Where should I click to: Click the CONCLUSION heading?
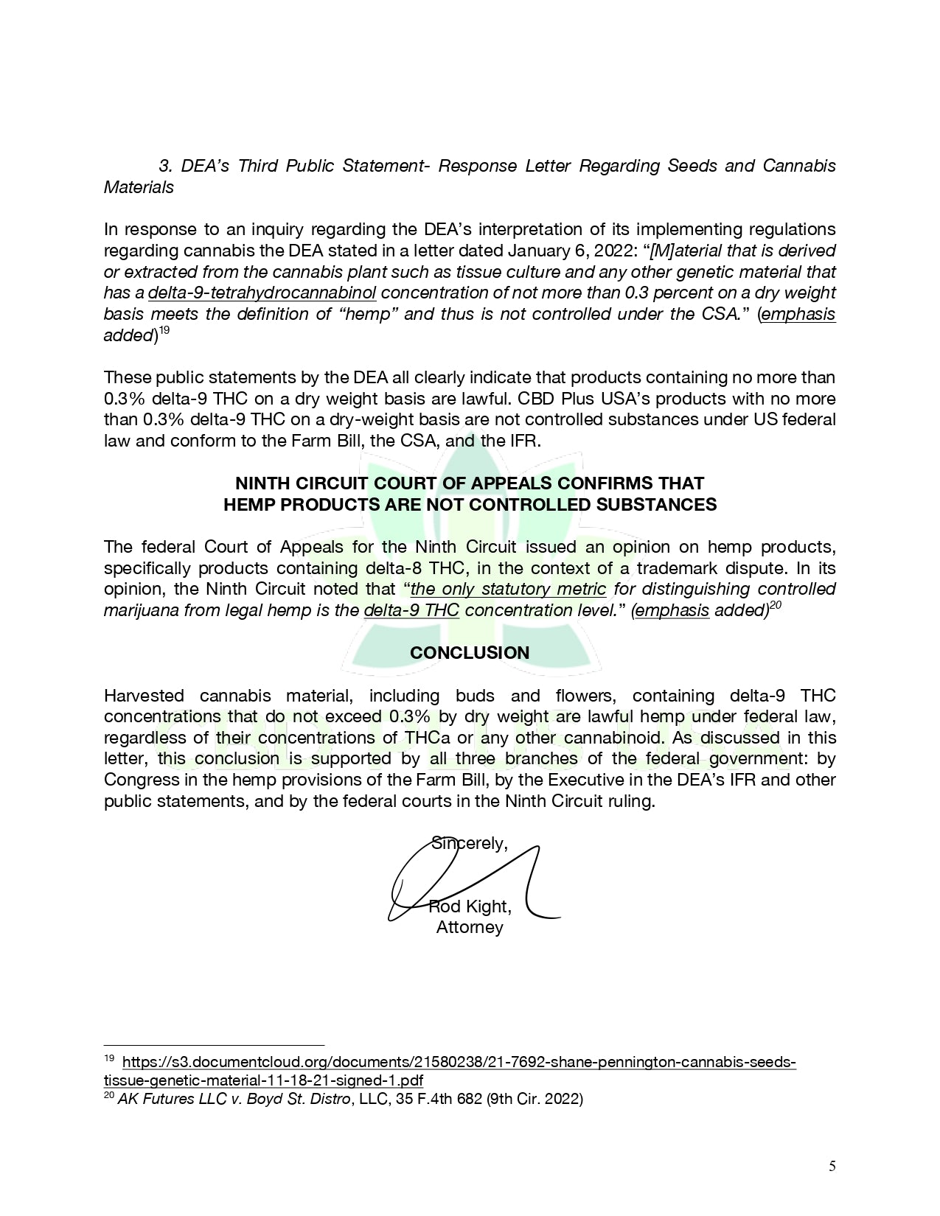click(x=470, y=653)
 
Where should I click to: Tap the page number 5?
click(x=832, y=1166)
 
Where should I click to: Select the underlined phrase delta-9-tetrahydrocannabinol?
click(x=262, y=293)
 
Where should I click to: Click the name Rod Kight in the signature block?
click(x=470, y=906)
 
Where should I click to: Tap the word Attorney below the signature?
click(x=470, y=927)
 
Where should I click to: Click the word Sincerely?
click(x=469, y=843)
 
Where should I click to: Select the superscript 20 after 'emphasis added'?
click(x=776, y=605)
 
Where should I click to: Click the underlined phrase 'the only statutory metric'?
click(x=508, y=590)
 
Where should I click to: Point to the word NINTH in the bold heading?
click(x=260, y=483)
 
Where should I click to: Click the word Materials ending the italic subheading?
click(x=139, y=187)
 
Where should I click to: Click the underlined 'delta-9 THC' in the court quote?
click(x=411, y=611)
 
